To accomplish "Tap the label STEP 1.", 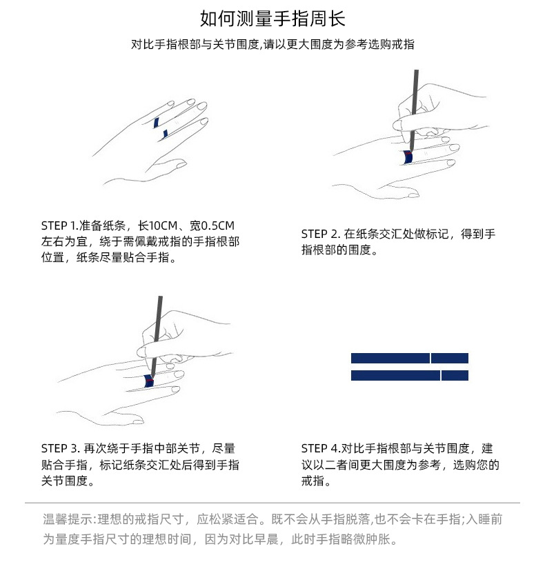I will pyautogui.click(x=59, y=226).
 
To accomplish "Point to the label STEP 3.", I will pyautogui.click(x=60, y=448).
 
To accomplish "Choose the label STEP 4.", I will pyautogui.click(x=319, y=448).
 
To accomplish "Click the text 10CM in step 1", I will pyautogui.click(x=162, y=226).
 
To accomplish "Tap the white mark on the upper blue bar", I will pyautogui.click(x=431, y=358).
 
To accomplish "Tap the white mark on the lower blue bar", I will pyautogui.click(x=441, y=375).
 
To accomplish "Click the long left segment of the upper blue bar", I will pyautogui.click(x=390, y=358).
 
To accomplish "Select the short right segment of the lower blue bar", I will pyautogui.click(x=455, y=375).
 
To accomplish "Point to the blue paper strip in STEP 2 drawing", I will pyautogui.click(x=408, y=158).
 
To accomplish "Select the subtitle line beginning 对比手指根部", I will pyautogui.click(x=272, y=44).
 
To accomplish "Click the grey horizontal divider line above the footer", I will pyautogui.click(x=272, y=503).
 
